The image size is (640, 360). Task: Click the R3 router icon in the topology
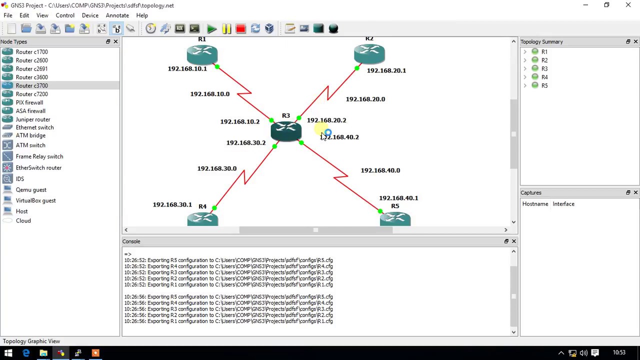pos(286,131)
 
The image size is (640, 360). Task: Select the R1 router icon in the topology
pos(202,54)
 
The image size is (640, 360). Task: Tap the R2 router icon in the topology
pos(369,53)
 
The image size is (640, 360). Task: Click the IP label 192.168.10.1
pos(187,69)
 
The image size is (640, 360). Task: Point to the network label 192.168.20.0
pos(365,99)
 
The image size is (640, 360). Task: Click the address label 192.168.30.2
pos(245,143)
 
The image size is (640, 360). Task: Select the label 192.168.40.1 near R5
pos(398,198)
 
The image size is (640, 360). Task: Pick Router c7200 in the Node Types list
pos(31,94)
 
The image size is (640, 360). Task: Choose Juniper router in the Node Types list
pos(32,119)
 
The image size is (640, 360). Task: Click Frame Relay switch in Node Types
pos(39,156)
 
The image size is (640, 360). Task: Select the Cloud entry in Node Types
pos(23,220)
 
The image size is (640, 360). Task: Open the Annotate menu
pos(117,15)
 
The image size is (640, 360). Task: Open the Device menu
pos(90,15)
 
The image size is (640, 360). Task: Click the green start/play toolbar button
pos(211,29)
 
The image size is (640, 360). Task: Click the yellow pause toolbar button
pos(226,29)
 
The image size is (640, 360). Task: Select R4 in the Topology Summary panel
pos(544,77)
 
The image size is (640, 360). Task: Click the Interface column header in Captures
pos(563,204)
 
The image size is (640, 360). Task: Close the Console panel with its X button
pos(513,241)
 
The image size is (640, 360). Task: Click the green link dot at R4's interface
pos(214,207)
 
